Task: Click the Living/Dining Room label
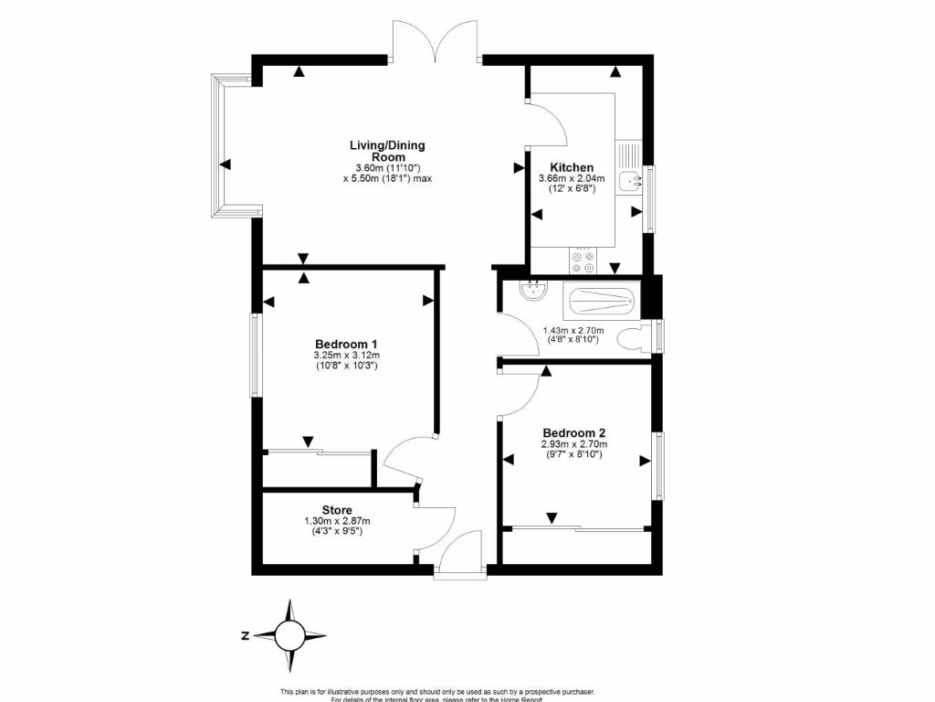click(387, 151)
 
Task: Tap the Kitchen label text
click(573, 167)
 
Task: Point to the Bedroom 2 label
click(574, 433)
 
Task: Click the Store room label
click(337, 510)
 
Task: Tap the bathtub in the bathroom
click(600, 297)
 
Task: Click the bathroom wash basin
click(531, 291)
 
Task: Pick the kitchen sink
click(629, 180)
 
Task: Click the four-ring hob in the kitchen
click(583, 262)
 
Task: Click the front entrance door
click(462, 554)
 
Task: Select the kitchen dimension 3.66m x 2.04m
click(573, 184)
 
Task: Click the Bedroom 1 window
click(256, 355)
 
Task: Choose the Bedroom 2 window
click(658, 465)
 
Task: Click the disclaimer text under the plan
click(442, 694)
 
